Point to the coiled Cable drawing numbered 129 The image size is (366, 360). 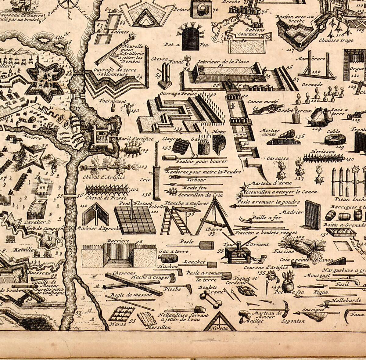click(x=335, y=139)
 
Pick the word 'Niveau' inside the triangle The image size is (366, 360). click(x=220, y=328)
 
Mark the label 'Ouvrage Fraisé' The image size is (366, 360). click(x=174, y=94)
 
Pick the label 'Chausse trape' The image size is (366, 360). click(x=336, y=40)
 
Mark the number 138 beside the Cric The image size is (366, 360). click(x=147, y=194)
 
